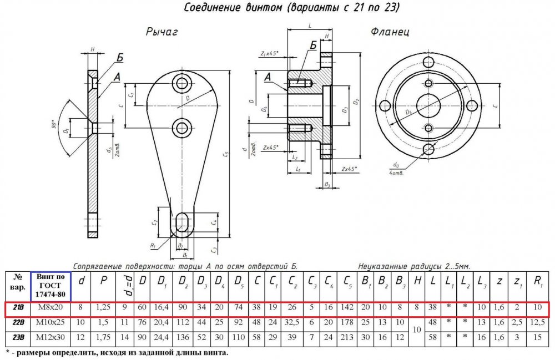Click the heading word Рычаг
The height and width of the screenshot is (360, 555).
click(162, 33)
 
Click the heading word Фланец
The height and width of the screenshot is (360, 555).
click(390, 32)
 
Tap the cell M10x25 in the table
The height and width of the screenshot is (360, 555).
click(51, 322)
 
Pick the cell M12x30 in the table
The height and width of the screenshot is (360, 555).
click(51, 337)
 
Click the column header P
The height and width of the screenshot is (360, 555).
click(103, 281)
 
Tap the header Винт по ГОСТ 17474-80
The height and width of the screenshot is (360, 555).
click(51, 285)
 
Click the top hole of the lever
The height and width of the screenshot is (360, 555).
click(181, 84)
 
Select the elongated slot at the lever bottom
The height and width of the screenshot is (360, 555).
click(181, 224)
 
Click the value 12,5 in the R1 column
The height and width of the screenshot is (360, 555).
click(537, 322)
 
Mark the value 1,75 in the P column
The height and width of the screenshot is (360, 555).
click(103, 337)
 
